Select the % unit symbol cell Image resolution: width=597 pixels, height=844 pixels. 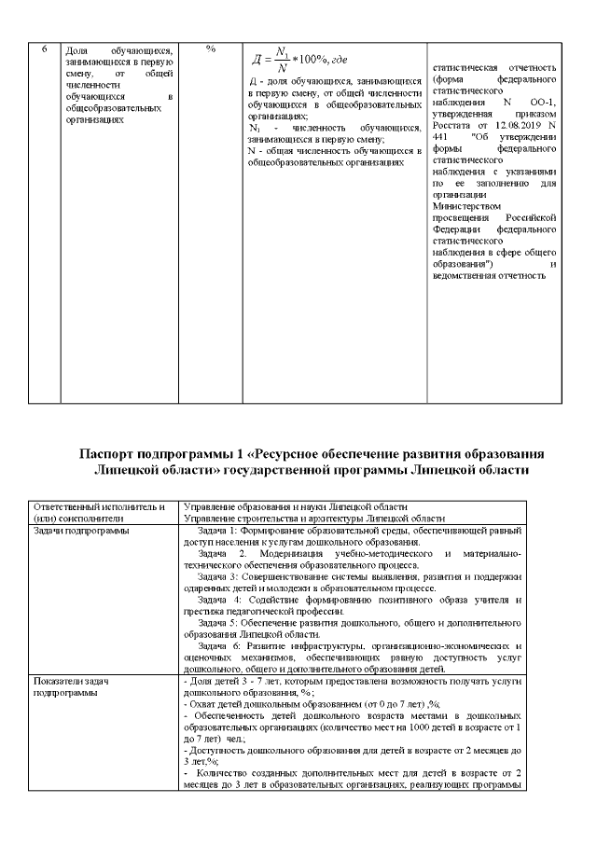211,49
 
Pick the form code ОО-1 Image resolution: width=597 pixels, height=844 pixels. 538,103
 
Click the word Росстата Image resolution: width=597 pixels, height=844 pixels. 455,126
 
